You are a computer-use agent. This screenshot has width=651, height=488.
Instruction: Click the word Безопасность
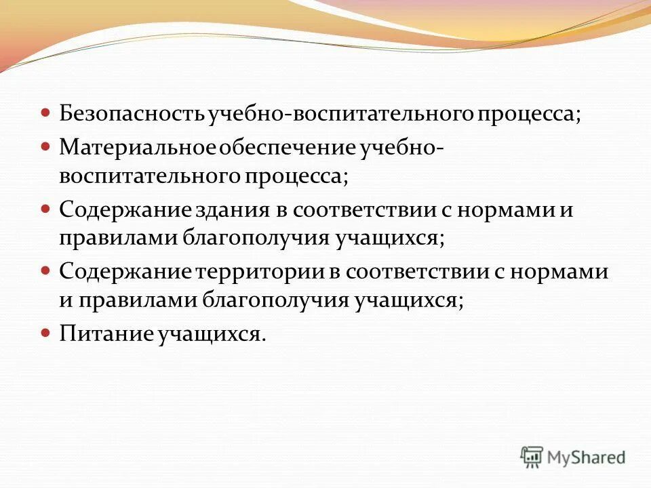133,113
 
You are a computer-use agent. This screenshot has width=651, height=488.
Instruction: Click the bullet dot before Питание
45,333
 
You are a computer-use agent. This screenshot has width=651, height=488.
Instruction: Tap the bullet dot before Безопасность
45,113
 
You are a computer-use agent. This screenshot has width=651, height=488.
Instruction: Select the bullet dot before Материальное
45,145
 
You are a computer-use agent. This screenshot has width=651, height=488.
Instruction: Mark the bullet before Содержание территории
45,270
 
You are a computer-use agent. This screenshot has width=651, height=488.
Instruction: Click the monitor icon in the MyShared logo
532,457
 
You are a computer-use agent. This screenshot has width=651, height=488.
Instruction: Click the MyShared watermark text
586,458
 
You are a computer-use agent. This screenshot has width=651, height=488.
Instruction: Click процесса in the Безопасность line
530,113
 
